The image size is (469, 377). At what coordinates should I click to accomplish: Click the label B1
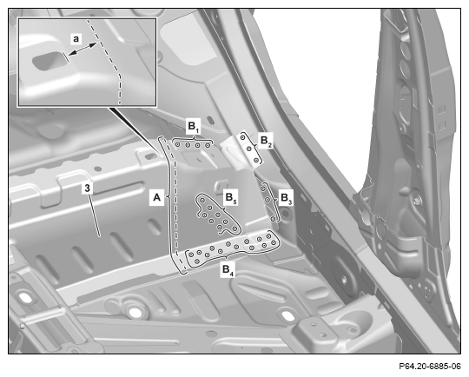click(x=194, y=127)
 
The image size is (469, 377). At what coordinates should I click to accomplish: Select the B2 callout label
click(x=266, y=141)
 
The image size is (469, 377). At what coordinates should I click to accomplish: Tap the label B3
click(x=286, y=198)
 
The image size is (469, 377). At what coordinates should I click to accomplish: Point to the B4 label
click(x=228, y=269)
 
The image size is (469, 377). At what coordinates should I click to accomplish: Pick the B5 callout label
click(x=231, y=198)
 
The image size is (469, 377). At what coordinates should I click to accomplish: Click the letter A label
click(x=156, y=198)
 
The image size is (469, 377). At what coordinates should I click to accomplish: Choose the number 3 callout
click(x=87, y=188)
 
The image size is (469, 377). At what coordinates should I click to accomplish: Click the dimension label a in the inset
click(x=76, y=39)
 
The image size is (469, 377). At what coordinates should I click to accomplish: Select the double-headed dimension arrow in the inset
click(x=83, y=49)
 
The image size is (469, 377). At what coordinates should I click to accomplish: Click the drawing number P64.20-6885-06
click(x=430, y=366)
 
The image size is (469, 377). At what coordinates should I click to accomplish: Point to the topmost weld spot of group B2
click(x=243, y=137)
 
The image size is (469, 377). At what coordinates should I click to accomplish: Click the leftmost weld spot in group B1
click(x=178, y=145)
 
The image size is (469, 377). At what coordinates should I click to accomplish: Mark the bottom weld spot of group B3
click(x=273, y=219)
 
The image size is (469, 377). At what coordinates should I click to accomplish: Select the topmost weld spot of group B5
click(x=202, y=200)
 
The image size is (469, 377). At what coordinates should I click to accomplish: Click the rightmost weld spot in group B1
click(x=208, y=145)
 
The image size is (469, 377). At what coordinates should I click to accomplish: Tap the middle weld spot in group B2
click(x=249, y=149)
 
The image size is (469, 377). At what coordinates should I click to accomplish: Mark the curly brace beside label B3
click(x=276, y=201)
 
